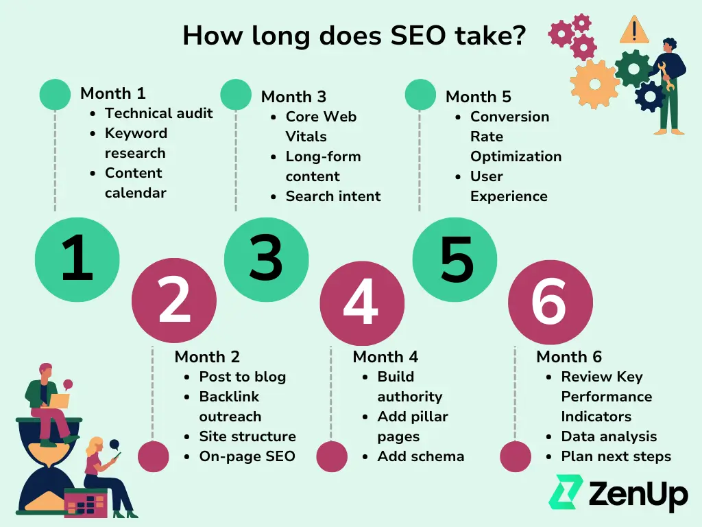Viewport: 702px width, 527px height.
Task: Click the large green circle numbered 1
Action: (77, 259)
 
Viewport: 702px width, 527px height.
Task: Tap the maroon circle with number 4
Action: (362, 303)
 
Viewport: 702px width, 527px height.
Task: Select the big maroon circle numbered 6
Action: (550, 303)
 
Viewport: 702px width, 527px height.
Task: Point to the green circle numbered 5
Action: (455, 259)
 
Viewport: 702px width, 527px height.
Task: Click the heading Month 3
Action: (293, 97)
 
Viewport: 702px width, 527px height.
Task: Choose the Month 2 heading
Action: (207, 357)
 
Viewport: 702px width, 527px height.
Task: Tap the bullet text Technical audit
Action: (159, 113)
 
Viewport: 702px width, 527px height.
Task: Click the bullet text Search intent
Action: (333, 196)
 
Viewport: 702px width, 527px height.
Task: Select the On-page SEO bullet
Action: (247, 456)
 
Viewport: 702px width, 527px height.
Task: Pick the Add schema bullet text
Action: (421, 456)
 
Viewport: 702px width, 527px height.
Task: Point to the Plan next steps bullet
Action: (616, 456)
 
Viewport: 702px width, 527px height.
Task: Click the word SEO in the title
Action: (418, 36)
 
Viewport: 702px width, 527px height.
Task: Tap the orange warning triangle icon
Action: (634, 30)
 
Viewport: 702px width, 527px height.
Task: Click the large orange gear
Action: (595, 84)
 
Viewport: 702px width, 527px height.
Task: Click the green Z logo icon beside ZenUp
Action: (566, 491)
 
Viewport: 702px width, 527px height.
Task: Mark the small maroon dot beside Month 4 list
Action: (332, 456)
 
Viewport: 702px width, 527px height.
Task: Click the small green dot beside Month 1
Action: (55, 95)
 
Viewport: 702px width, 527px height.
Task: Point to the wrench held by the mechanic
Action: (666, 76)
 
